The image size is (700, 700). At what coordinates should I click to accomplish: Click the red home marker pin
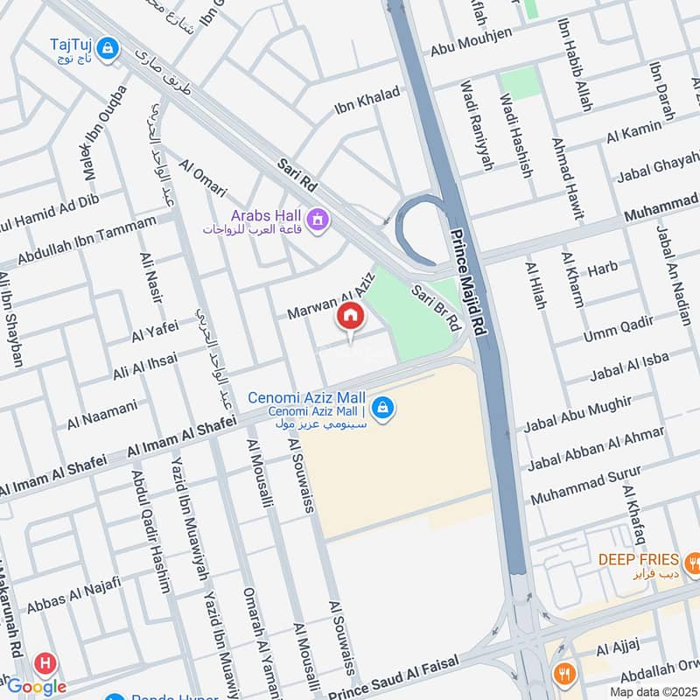[350, 317]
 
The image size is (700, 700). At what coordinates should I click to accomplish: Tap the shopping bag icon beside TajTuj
[108, 48]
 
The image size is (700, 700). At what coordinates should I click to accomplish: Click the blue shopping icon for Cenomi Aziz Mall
[381, 408]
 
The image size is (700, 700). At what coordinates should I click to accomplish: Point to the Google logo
[37, 686]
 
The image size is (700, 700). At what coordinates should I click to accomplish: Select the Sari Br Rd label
[435, 306]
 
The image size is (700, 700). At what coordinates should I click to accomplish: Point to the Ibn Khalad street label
[367, 101]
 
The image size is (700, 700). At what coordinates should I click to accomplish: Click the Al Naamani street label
[102, 415]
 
